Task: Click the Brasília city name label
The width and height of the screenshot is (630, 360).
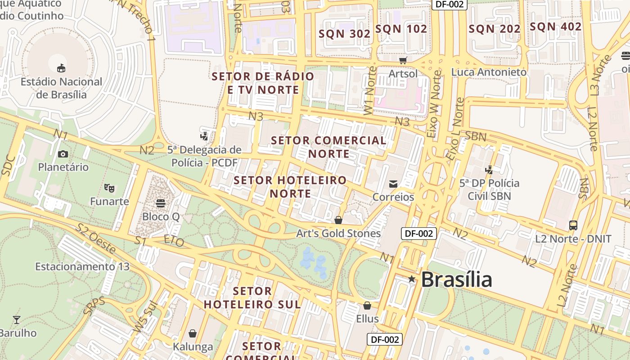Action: pyautogui.click(x=456, y=279)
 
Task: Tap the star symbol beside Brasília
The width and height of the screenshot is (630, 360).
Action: pyautogui.click(x=411, y=279)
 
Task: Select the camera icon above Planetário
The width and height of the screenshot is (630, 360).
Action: pyautogui.click(x=63, y=154)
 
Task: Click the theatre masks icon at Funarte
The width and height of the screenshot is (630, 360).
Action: pyautogui.click(x=108, y=188)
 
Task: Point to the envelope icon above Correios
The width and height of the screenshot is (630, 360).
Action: pyautogui.click(x=393, y=184)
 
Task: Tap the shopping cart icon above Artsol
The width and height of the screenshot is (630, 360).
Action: pyautogui.click(x=403, y=60)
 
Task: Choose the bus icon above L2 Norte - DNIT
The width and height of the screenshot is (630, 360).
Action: pyautogui.click(x=573, y=225)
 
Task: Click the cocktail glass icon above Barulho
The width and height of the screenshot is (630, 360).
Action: pyautogui.click(x=17, y=320)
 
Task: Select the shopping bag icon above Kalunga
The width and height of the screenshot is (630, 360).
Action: pyautogui.click(x=193, y=333)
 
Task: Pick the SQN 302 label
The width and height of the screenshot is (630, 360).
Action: pyautogui.click(x=344, y=34)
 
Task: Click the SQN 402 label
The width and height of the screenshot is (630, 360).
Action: pyautogui.click(x=555, y=27)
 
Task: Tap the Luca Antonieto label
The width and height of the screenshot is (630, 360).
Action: pyautogui.click(x=489, y=72)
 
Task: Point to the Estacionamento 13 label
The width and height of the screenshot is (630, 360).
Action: pyautogui.click(x=82, y=266)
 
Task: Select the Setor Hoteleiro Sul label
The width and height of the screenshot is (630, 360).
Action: pyautogui.click(x=252, y=297)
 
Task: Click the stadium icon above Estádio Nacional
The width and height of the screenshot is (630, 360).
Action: pyautogui.click(x=61, y=68)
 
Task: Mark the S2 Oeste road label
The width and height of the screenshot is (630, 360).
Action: pyautogui.click(x=95, y=236)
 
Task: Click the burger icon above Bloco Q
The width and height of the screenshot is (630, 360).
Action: pyautogui.click(x=161, y=203)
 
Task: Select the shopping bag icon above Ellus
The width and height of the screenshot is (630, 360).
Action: pyautogui.click(x=367, y=306)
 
